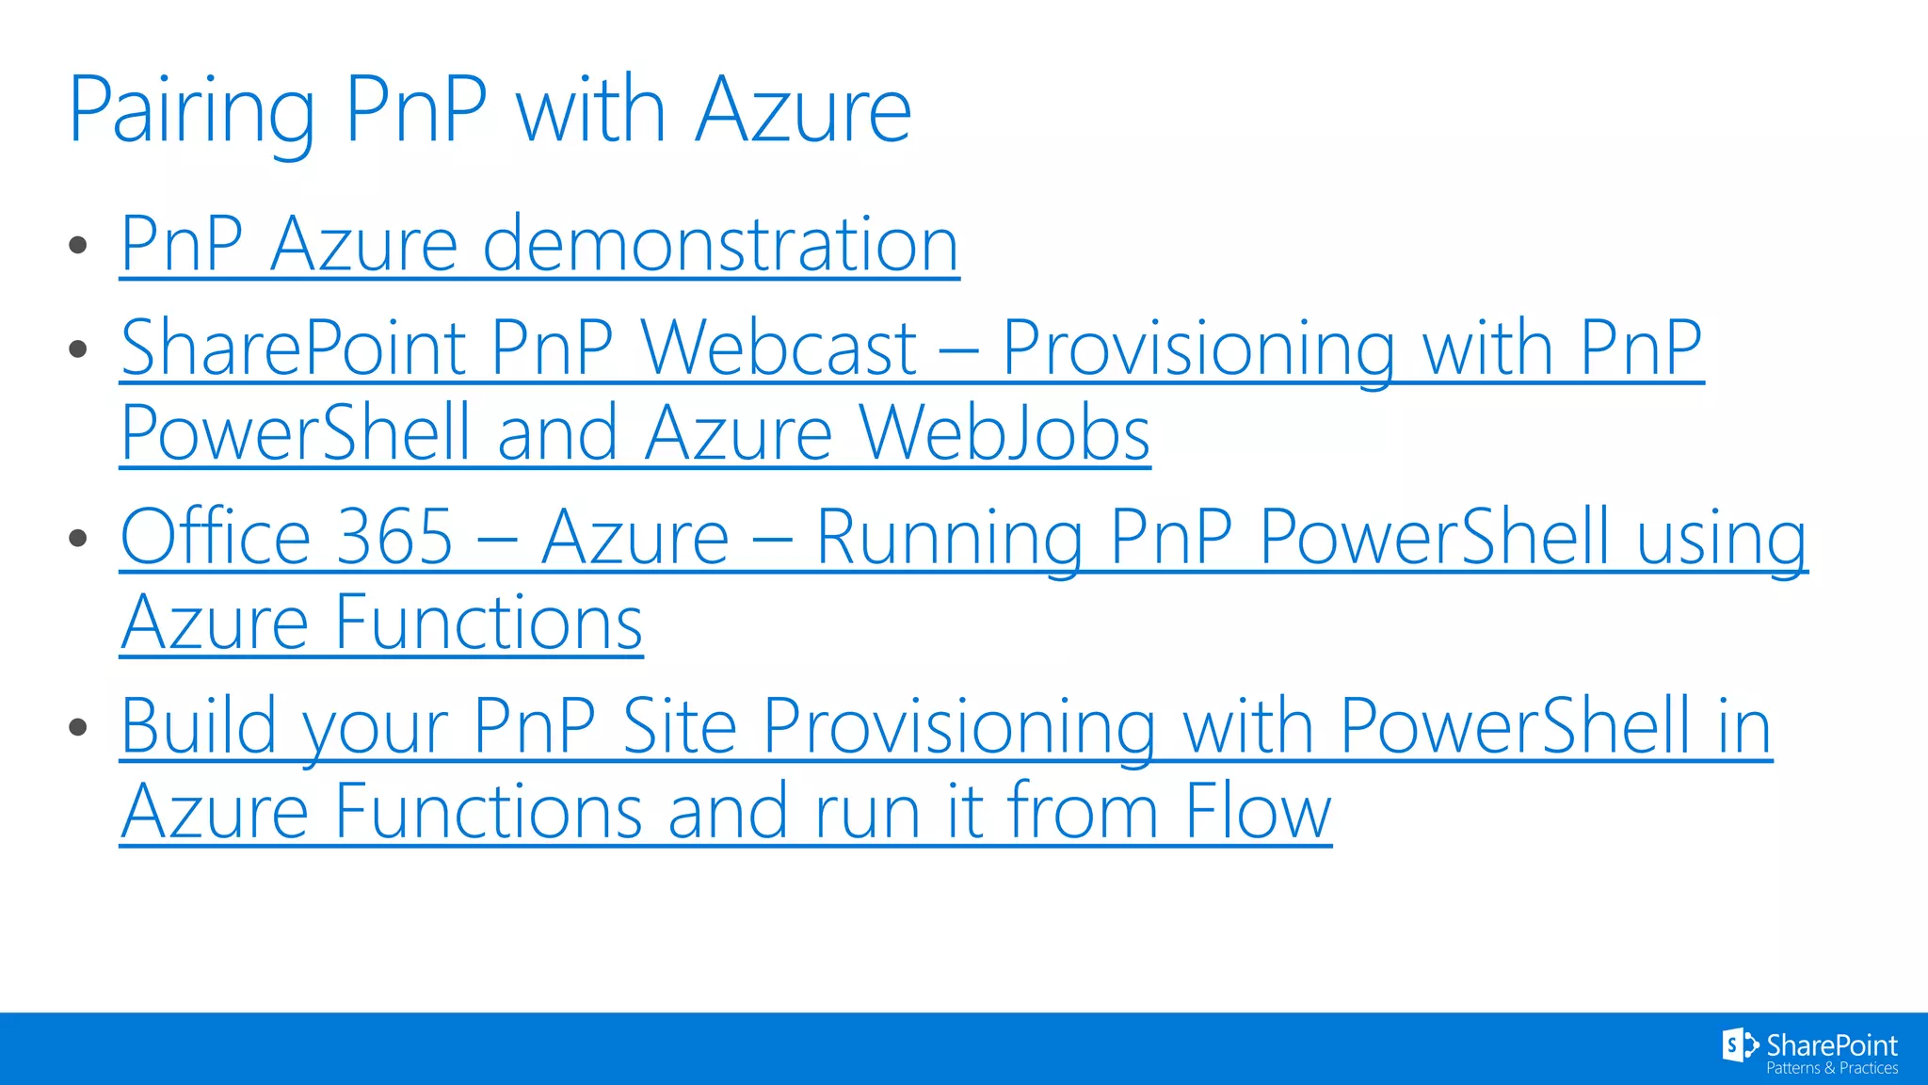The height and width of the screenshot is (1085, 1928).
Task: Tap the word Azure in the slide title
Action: coord(803,111)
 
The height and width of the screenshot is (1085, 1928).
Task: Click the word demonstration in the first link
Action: coord(720,245)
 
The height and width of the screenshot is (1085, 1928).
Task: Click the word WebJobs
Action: coord(1004,434)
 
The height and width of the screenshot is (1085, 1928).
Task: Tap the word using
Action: coord(1722,538)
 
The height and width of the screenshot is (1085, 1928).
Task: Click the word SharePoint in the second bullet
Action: coord(294,348)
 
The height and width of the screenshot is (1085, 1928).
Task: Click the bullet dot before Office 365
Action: coord(78,539)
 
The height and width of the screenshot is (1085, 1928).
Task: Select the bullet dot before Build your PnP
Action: coord(78,727)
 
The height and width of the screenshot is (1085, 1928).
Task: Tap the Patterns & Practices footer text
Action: coord(1831,1068)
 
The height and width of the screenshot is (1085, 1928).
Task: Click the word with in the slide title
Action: coord(591,111)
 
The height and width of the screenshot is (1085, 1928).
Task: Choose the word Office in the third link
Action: coord(216,538)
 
